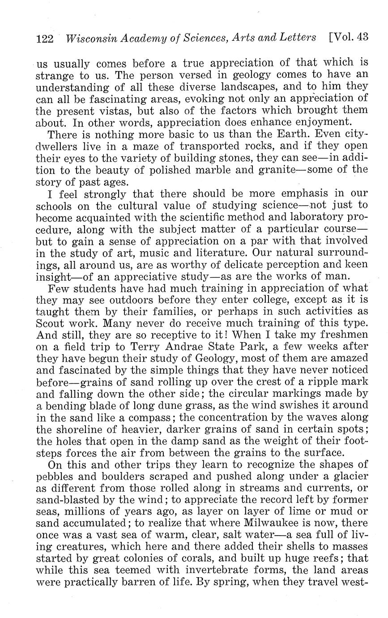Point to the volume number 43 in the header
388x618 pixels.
point(361,37)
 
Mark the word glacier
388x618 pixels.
point(349,475)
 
